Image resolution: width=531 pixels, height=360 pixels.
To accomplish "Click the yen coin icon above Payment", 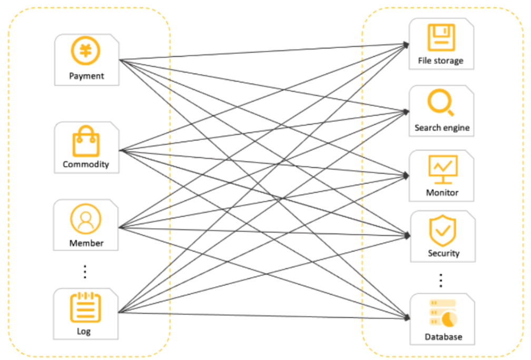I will (86, 51).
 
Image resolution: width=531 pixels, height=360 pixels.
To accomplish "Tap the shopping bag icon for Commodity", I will (86, 142).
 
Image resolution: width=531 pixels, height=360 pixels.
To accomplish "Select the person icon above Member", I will (86, 218).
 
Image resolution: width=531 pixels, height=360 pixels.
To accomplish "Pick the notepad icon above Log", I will (86, 308).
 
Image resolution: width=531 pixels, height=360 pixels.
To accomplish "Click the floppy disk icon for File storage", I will (441, 37).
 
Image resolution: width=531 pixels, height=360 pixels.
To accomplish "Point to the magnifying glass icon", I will (441, 103).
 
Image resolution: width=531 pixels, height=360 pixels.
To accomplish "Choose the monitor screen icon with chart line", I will (442, 169).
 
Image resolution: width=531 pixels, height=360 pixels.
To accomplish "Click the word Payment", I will (86, 76).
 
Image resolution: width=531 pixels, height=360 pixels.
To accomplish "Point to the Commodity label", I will (86, 164).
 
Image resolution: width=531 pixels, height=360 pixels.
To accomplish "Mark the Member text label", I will (86, 243).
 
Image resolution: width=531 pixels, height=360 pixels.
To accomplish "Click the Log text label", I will (84, 332).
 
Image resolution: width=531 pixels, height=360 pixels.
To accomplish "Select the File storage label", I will (440, 61).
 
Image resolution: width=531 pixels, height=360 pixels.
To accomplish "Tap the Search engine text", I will (442, 128).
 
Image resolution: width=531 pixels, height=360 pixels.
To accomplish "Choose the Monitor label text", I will (442, 193).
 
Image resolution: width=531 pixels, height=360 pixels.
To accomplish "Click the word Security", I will (444, 253).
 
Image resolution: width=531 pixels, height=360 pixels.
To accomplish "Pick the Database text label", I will (443, 337).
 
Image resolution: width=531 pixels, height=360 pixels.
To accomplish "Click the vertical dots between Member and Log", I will (85, 272).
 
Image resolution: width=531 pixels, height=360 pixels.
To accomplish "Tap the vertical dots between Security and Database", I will (441, 280).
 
